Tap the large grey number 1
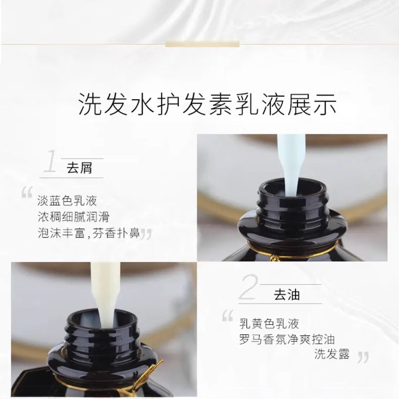50,162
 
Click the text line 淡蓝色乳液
67,201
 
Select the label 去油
286,295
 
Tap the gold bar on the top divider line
202,44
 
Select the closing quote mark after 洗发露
363,358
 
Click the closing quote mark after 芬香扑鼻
146,234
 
